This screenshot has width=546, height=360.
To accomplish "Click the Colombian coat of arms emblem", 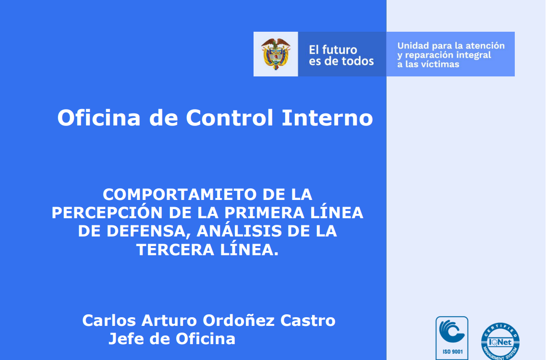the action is (276, 54).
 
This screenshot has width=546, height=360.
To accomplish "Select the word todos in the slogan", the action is (357, 62).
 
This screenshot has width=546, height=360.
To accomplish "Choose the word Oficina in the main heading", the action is (99, 117).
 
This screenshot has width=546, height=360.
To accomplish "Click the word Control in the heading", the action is (230, 117).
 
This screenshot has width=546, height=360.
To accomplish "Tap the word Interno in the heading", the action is (328, 117).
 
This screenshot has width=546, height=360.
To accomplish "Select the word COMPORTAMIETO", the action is (180, 195).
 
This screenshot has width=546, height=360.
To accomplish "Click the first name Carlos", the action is (109, 321).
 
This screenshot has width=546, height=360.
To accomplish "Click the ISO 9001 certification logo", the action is (452, 338).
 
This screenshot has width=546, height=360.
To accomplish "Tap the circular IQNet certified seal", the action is (500, 341).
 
